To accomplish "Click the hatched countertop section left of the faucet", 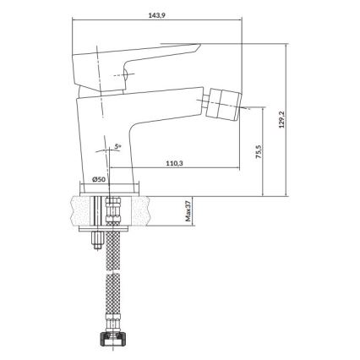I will (81, 210).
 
